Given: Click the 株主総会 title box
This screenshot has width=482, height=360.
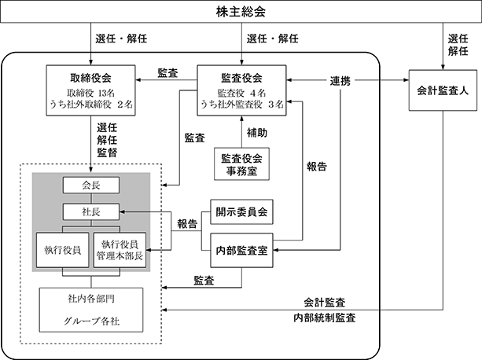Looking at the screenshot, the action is click(x=241, y=12).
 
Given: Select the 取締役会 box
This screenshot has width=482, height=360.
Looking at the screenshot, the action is click(x=90, y=90).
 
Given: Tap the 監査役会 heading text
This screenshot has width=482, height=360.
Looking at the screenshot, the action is click(x=241, y=78).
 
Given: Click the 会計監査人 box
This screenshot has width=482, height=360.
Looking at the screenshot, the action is click(x=443, y=90).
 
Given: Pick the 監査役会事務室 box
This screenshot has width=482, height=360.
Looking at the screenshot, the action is click(x=241, y=164).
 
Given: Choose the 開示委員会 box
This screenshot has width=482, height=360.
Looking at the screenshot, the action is click(x=241, y=212).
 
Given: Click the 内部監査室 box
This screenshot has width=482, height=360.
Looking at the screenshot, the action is click(x=241, y=250).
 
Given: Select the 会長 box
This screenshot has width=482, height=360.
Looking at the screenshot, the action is click(x=91, y=186).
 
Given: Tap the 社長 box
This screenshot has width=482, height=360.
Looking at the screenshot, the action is click(x=91, y=211).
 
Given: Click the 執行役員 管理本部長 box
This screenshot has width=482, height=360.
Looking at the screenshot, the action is click(x=120, y=250).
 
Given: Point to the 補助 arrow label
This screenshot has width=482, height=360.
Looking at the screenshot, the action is click(x=256, y=133).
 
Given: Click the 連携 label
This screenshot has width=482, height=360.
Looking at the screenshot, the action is click(x=340, y=81).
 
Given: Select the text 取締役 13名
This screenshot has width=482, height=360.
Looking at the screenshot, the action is click(x=90, y=93).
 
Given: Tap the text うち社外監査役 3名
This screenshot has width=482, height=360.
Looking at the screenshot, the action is click(x=242, y=105).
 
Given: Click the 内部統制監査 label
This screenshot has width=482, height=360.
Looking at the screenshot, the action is click(x=325, y=318).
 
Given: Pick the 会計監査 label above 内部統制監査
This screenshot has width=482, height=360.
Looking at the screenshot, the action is click(x=325, y=303).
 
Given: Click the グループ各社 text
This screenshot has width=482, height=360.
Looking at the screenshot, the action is click(x=91, y=321).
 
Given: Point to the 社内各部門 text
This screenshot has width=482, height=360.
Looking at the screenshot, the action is click(x=91, y=299).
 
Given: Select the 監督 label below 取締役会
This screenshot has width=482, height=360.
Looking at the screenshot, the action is click(x=107, y=152).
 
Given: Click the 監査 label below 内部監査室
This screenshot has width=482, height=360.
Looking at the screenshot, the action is click(x=204, y=281).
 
